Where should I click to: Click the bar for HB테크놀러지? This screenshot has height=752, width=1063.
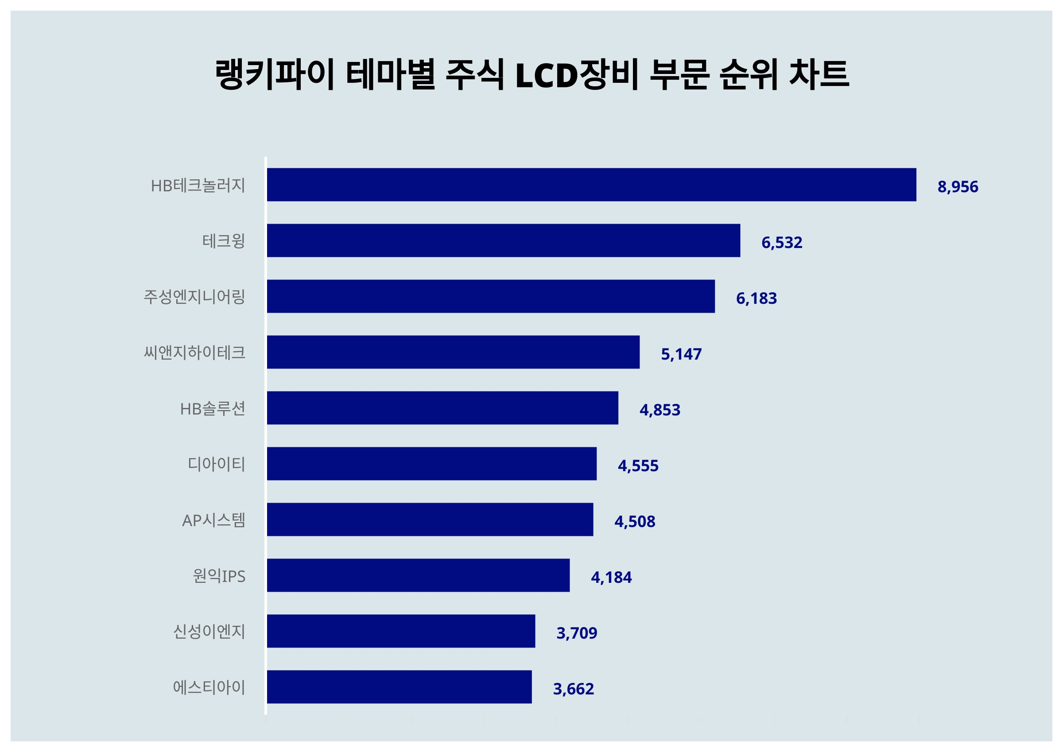[x=591, y=185]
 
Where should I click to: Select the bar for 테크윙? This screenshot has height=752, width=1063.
[x=503, y=240]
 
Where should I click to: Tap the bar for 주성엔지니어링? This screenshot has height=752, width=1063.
[x=491, y=296]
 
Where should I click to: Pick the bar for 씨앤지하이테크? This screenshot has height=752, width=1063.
[x=453, y=352]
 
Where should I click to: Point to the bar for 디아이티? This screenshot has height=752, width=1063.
[x=431, y=464]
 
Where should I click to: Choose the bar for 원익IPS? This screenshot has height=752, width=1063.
[x=418, y=575]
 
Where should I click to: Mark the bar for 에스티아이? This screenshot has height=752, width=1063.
[x=399, y=687]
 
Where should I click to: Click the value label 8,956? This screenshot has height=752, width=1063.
[x=958, y=186]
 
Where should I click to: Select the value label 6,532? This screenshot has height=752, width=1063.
[x=781, y=242]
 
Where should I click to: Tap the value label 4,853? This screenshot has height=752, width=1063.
[x=660, y=410]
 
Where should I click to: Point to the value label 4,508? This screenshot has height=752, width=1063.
[x=634, y=521]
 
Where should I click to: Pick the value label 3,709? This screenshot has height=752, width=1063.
[x=576, y=633]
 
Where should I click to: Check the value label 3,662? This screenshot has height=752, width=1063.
[x=573, y=689]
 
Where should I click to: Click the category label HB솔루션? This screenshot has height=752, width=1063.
[x=213, y=409]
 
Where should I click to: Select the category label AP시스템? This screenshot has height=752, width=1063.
[x=213, y=520]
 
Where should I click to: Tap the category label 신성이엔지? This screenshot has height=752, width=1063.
[x=209, y=632]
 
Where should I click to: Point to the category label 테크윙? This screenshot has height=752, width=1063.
[x=224, y=241]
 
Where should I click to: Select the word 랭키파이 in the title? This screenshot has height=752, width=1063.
[x=275, y=74]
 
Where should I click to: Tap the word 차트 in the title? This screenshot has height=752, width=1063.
[x=819, y=74]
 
